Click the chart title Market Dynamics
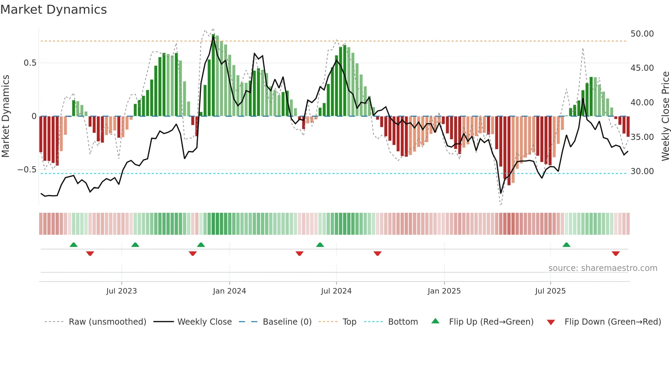54,10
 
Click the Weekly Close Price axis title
665,116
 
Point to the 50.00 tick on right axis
642,34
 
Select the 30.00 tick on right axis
642,171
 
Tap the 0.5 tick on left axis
30,63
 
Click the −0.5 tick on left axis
27,170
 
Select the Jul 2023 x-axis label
122,291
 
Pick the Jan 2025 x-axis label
444,291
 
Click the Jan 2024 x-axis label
229,291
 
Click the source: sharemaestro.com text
603,268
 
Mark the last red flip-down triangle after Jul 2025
616,253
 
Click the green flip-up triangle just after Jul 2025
566,245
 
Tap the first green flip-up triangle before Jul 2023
74,245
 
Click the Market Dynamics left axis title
5,116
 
